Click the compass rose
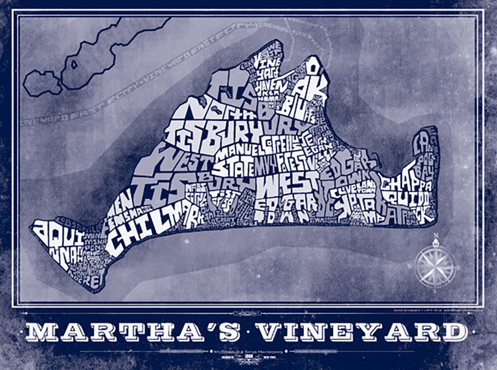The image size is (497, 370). (x=435, y=266)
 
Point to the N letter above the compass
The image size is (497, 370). (x=435, y=237)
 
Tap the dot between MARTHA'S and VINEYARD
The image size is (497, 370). (x=248, y=333)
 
